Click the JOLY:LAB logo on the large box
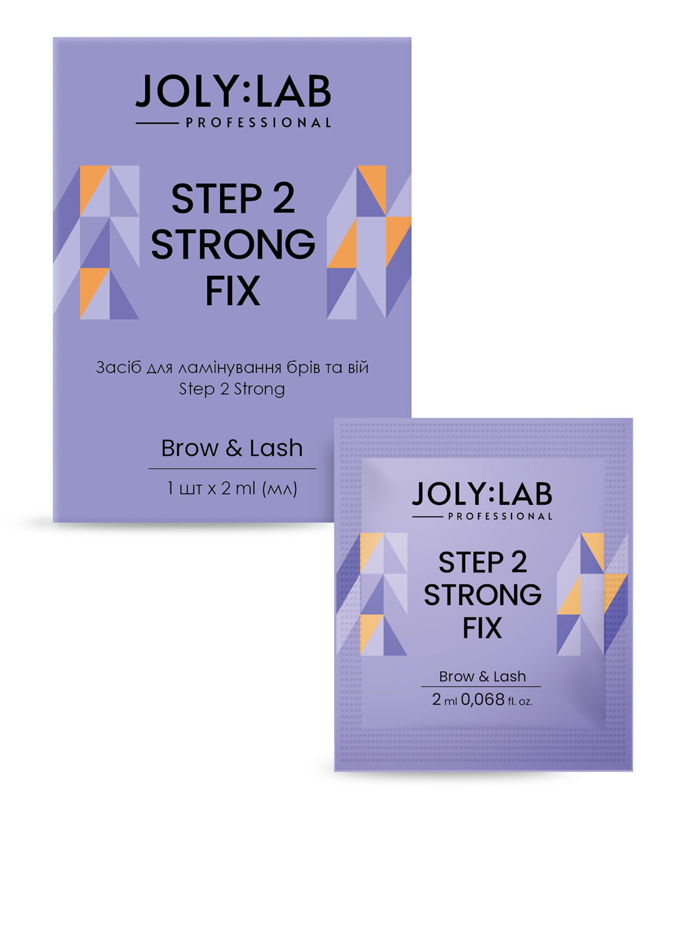(233, 92)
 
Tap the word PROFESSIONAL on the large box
(258, 123)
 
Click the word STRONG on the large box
(233, 244)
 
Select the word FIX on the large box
(233, 291)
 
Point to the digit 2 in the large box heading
(284, 198)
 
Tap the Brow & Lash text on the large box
(232, 449)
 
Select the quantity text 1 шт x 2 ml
(232, 489)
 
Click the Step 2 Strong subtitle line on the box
(232, 389)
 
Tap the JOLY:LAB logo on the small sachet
(482, 494)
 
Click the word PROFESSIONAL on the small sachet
(500, 516)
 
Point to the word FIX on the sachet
(482, 629)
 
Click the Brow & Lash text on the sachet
(482, 676)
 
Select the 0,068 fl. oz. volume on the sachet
(497, 700)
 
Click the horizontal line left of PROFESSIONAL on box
(157, 123)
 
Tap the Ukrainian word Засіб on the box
(119, 367)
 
